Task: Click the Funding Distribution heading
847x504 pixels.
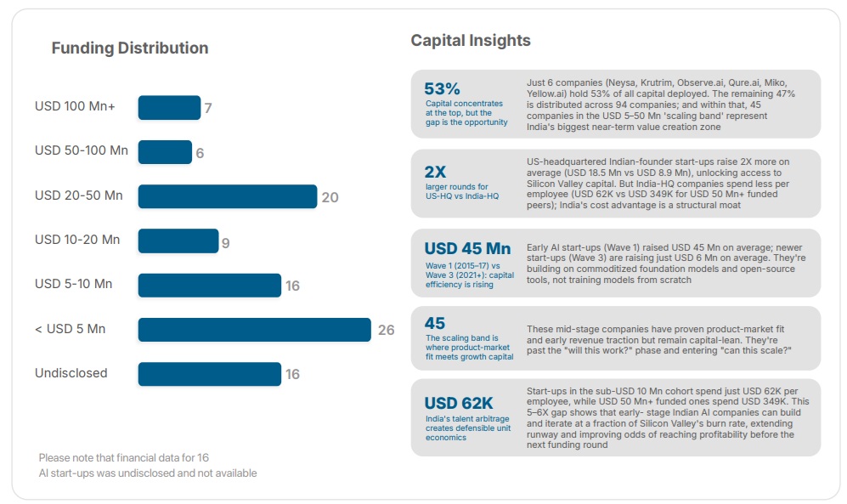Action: pos(129,48)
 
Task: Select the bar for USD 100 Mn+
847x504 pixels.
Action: pos(169,108)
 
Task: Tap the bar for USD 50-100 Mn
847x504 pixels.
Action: pos(165,152)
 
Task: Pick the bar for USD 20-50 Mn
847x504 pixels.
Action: pos(227,196)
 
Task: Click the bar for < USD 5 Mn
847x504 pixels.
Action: pos(254,329)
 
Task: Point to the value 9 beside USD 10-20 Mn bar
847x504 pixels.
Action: pos(226,243)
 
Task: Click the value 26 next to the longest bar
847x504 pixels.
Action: pos(386,330)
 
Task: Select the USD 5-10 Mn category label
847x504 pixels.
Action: pos(73,284)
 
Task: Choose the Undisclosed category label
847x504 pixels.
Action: pos(71,373)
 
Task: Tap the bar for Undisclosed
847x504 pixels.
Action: pos(209,374)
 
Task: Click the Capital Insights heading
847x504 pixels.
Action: pos(471,41)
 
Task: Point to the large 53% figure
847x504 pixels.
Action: pos(442,88)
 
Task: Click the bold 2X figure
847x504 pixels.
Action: pos(435,171)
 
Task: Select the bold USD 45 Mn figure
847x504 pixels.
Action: pos(467,249)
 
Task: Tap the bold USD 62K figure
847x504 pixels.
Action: pos(459,403)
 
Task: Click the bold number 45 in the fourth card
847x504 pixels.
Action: pos(435,324)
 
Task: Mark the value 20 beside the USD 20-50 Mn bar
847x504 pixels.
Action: pos(330,197)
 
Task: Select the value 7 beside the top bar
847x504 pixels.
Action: pos(208,109)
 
